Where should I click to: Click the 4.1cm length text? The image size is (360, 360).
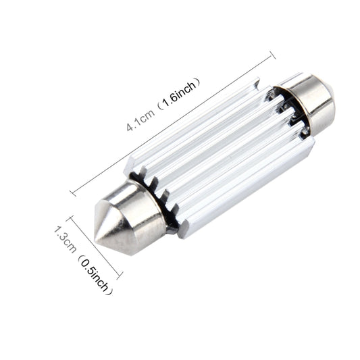click(x=140, y=120)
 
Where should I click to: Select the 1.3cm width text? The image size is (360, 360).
click(x=66, y=240)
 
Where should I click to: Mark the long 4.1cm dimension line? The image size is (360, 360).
click(x=172, y=125)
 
